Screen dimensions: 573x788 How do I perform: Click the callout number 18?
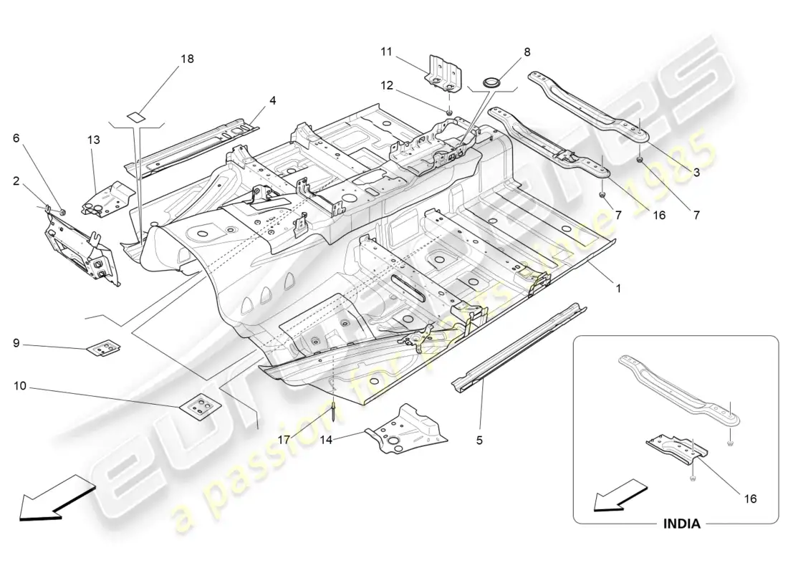click(x=187, y=59)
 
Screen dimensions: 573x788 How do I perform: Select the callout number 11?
click(x=387, y=51)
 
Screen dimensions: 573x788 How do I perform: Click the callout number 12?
click(x=387, y=86)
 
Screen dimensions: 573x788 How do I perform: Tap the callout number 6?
click(x=16, y=140)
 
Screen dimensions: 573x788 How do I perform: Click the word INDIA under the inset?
click(x=680, y=524)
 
